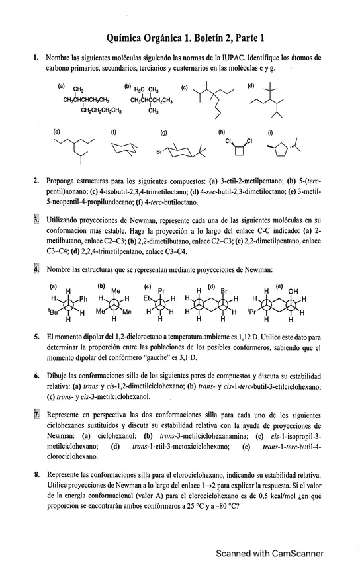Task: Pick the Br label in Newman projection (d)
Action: (x=223, y=290)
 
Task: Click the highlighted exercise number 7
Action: (x=36, y=415)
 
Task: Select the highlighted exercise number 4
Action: (x=36, y=269)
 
